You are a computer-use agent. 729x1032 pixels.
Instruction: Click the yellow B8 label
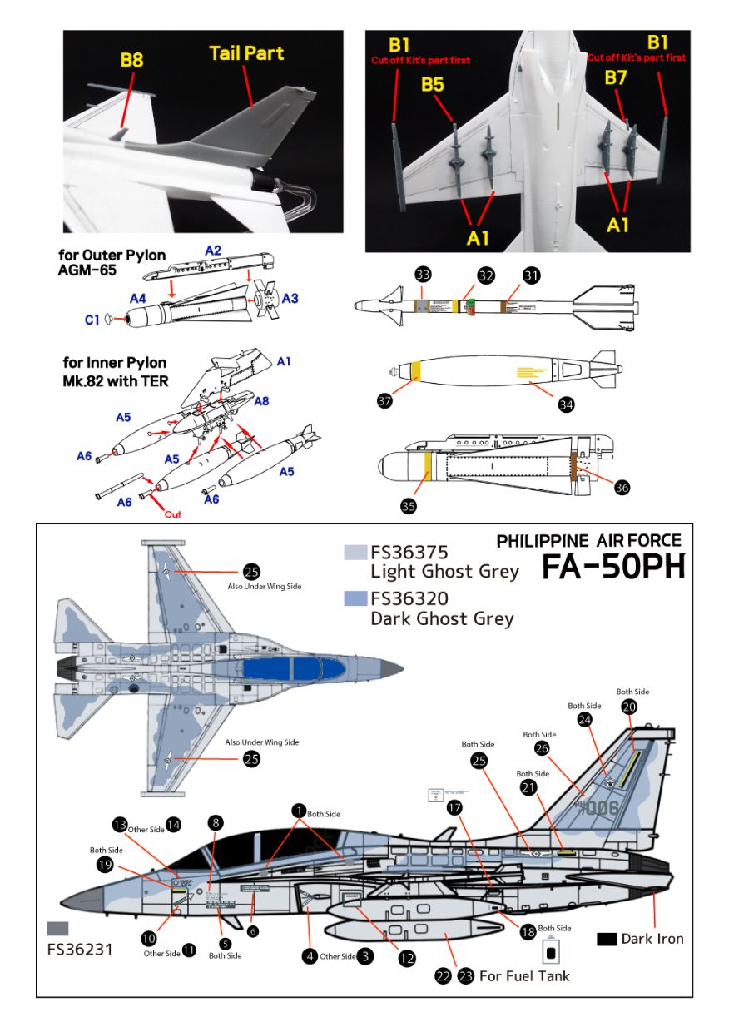tap(131, 60)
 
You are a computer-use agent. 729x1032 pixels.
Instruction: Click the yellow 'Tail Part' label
tap(246, 53)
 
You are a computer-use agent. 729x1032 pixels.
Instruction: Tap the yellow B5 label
tap(432, 84)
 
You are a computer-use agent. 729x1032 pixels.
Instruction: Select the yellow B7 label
tap(616, 78)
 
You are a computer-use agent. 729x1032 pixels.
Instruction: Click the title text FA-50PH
tap(613, 567)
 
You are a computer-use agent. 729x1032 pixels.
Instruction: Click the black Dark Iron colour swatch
tap(607, 939)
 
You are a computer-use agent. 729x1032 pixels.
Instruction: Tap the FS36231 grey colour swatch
tap(58, 929)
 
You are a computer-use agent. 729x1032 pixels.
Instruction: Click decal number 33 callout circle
tap(423, 275)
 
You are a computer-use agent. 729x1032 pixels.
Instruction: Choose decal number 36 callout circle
tap(622, 488)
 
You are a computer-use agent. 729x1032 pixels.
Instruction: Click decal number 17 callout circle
tap(454, 807)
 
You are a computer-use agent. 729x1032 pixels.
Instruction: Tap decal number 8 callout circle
tap(216, 822)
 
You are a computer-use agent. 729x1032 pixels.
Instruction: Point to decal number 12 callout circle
tap(406, 959)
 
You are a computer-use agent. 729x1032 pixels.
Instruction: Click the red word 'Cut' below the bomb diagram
tap(172, 514)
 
